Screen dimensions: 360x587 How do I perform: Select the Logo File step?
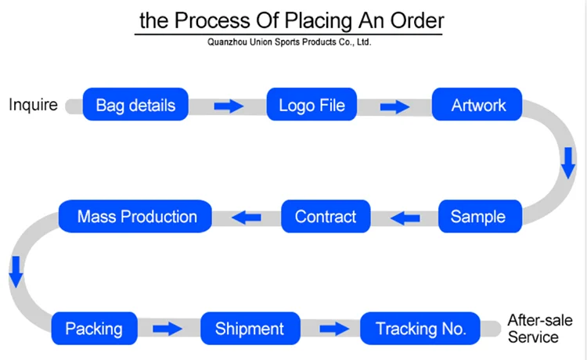coord(312,105)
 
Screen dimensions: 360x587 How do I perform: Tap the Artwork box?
coord(479,105)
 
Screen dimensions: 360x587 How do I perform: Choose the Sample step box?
coord(477,216)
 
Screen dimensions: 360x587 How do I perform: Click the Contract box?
coord(325,216)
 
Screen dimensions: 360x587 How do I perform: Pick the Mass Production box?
coord(137,216)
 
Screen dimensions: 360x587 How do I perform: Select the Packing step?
coord(94,328)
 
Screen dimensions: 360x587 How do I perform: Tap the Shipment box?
coord(249,328)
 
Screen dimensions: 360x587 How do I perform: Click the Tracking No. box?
coord(421,328)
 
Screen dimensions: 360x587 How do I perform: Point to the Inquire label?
coord(33,105)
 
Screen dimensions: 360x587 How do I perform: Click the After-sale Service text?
coord(540,328)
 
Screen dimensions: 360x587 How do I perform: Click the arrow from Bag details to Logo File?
coord(229,106)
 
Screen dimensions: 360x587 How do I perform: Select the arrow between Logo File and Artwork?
coord(395,106)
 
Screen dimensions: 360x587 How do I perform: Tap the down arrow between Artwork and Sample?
coord(567,161)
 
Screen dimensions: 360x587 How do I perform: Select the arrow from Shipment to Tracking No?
coord(333,329)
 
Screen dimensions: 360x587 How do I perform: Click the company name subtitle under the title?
coord(289,43)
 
